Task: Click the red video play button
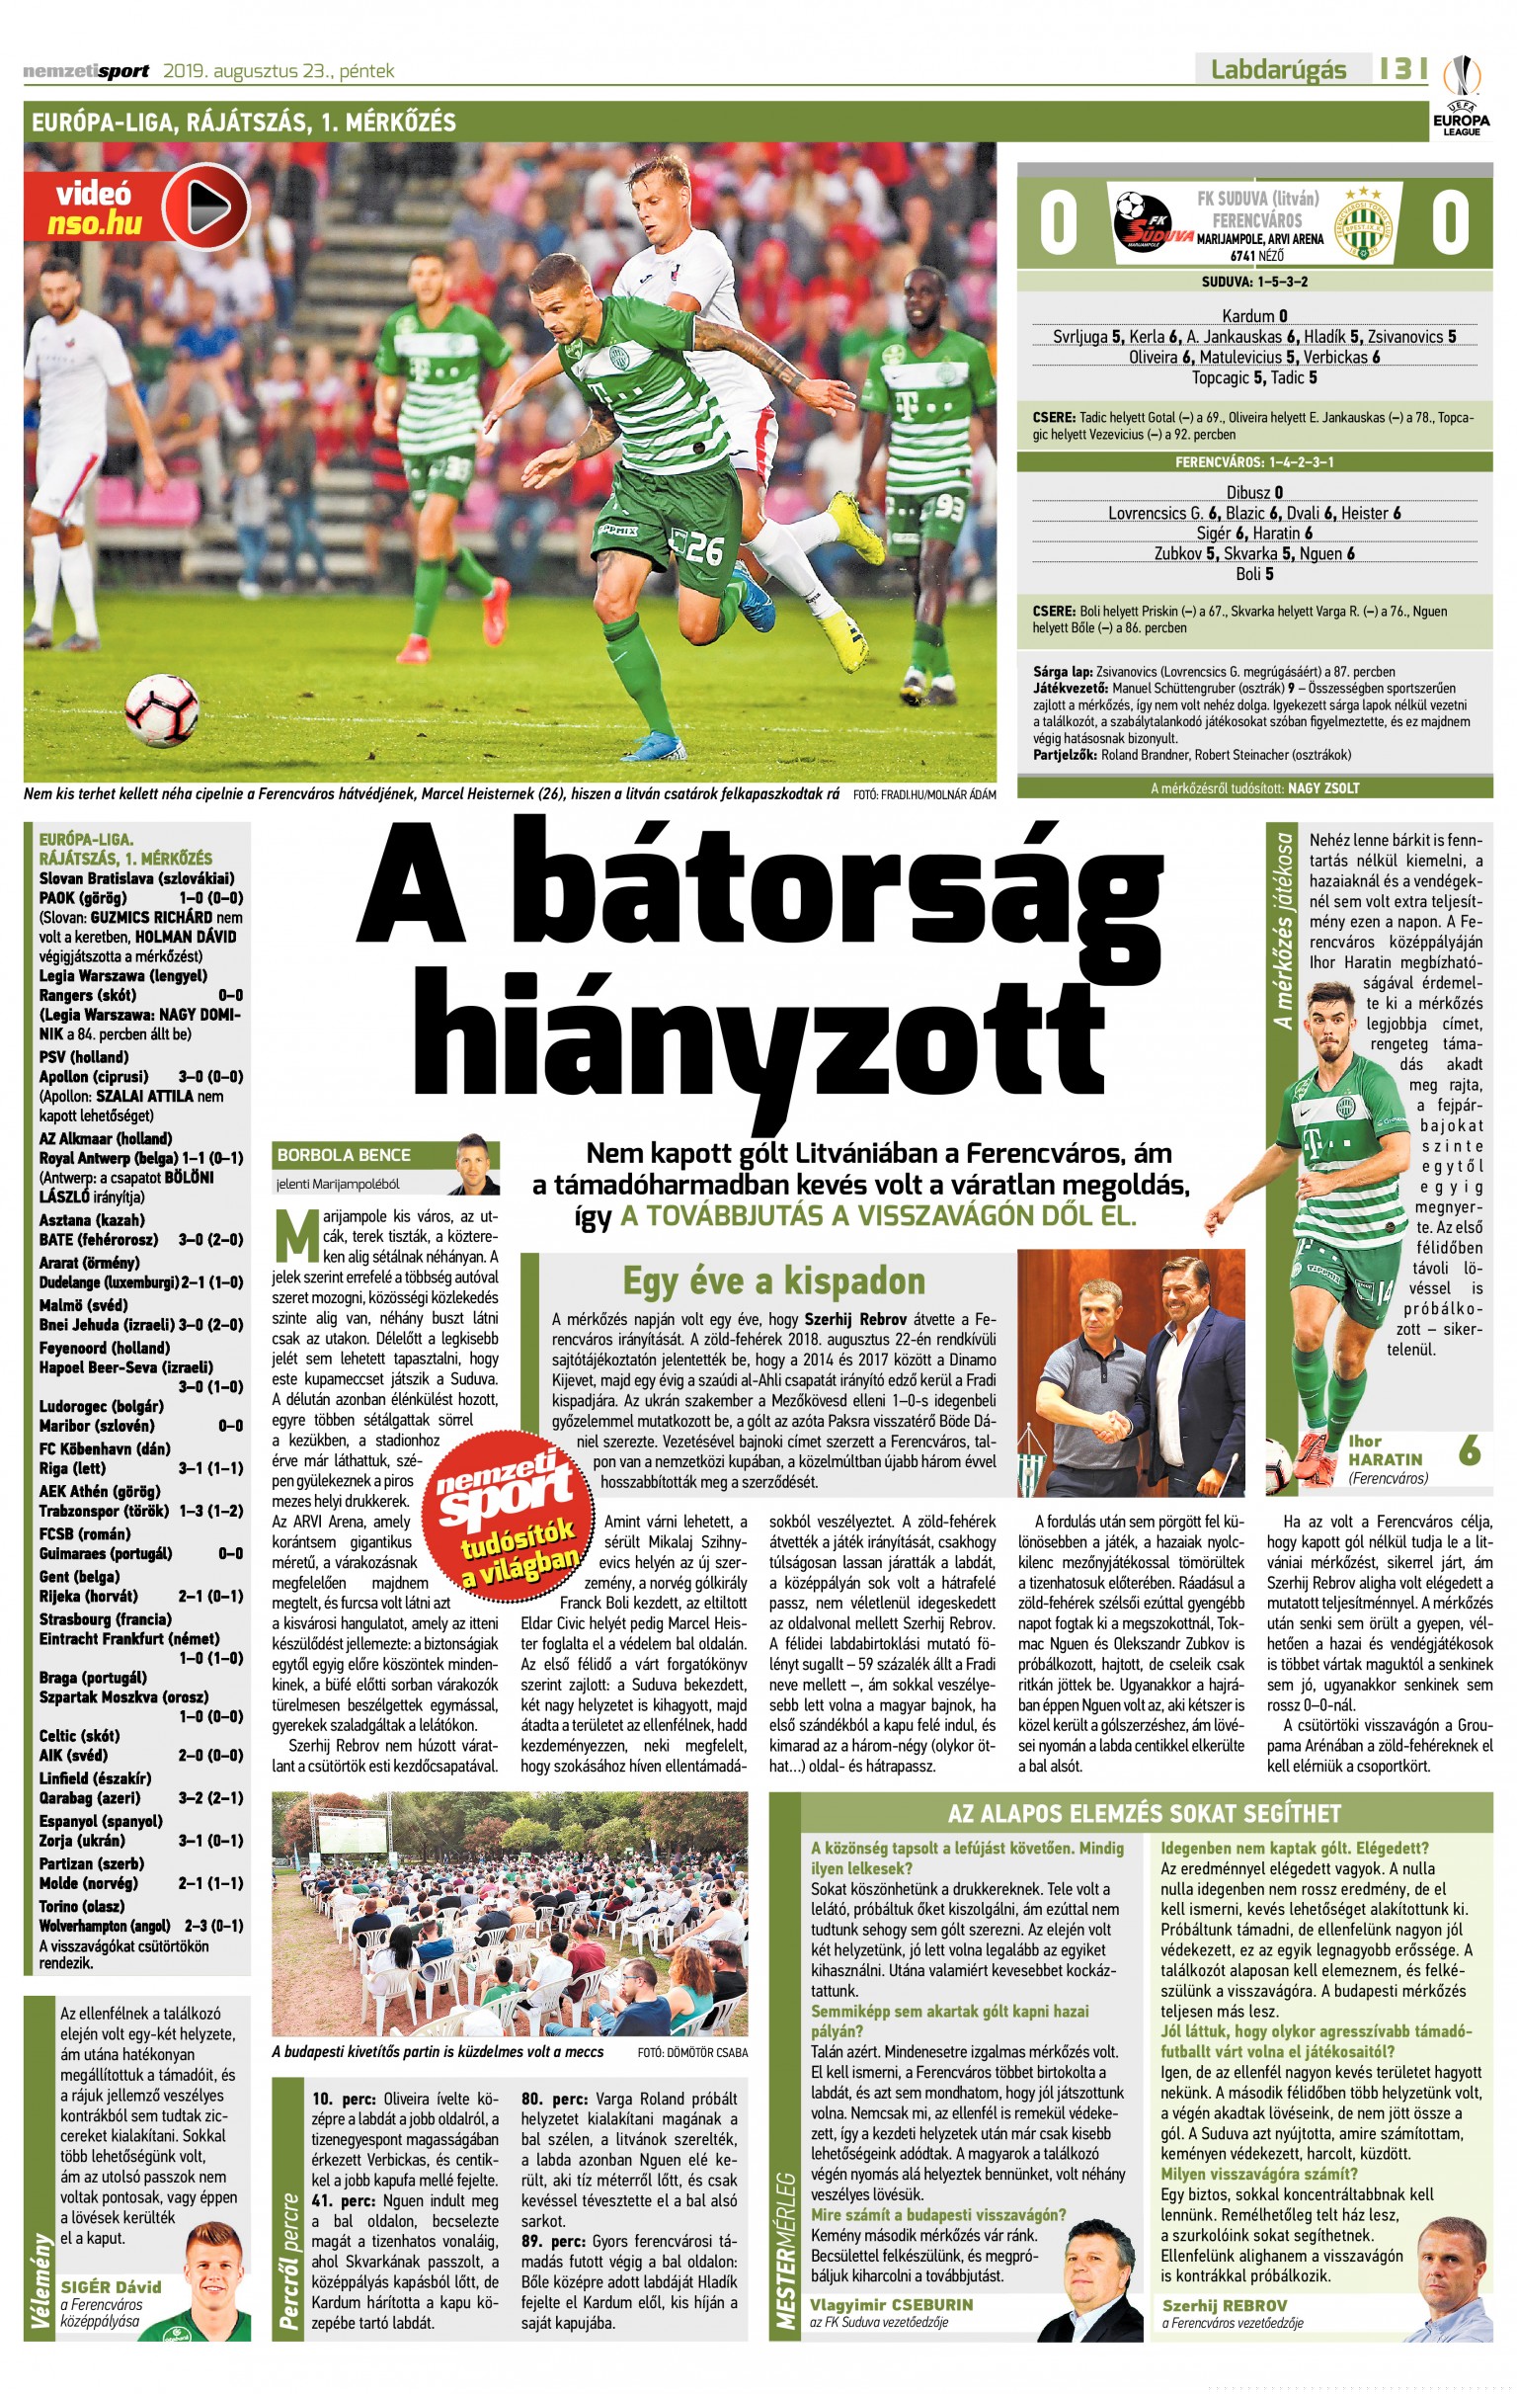tap(205, 206)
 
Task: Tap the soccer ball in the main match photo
tap(161, 708)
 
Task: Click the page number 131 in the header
tap(1402, 68)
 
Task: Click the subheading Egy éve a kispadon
tap(773, 1280)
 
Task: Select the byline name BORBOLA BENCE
tap(343, 1154)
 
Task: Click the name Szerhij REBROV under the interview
tap(1224, 2304)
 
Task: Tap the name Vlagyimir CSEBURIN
tap(891, 2304)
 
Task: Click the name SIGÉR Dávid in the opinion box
tap(111, 2286)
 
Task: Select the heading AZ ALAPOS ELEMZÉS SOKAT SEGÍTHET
tap(1145, 1813)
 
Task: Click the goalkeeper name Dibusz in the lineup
tap(1247, 492)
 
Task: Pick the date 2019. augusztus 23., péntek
tap(279, 70)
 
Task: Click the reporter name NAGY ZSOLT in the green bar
tap(1323, 788)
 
